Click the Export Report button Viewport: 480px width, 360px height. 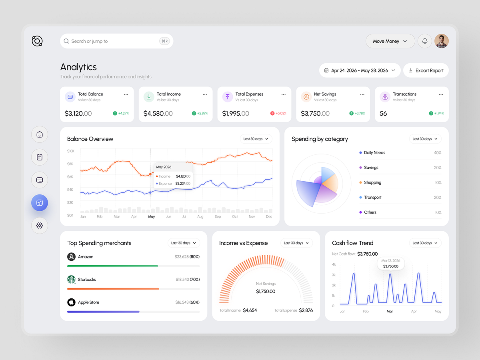point(426,70)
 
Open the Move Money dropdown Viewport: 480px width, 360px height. point(390,41)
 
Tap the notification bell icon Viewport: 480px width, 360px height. point(425,41)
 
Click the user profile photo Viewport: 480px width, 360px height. point(442,41)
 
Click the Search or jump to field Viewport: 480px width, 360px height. point(116,41)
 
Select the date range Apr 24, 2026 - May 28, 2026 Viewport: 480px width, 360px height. point(360,70)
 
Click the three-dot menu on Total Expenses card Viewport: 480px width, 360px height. point(284,94)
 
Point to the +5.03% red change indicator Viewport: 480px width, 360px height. point(278,113)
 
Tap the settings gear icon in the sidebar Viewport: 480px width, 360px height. point(40,225)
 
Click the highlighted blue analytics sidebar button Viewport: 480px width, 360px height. point(40,203)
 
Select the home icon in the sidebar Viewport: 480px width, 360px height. point(40,134)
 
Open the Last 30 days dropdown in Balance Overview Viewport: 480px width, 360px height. point(256,139)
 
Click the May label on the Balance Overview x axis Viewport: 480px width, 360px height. point(151,217)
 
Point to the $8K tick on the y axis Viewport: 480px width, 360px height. point(70,164)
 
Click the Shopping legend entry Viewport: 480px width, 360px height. point(372,182)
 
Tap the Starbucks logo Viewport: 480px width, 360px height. point(71,279)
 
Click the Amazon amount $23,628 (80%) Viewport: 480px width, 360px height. point(187,257)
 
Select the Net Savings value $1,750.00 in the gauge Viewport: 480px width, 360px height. point(266,291)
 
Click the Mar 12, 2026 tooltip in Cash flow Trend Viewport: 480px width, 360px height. point(391,263)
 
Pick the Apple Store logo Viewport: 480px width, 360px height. point(71,302)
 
